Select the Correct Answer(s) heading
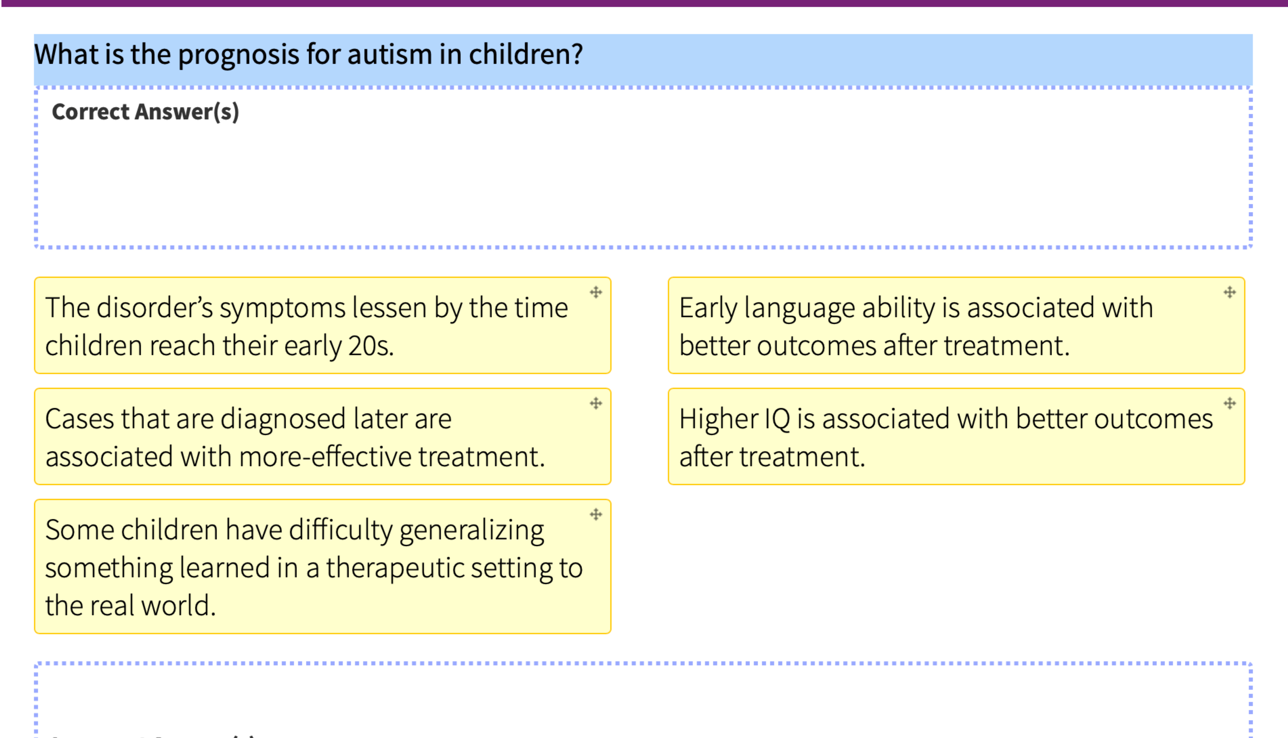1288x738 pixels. click(x=145, y=111)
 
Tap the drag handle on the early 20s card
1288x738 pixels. click(x=596, y=293)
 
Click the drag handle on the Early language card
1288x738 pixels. click(x=1230, y=293)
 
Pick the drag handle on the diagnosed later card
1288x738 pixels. click(x=596, y=403)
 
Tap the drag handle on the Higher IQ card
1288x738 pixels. click(x=1230, y=403)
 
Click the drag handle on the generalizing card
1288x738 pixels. click(x=596, y=514)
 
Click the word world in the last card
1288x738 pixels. click(x=178, y=606)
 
